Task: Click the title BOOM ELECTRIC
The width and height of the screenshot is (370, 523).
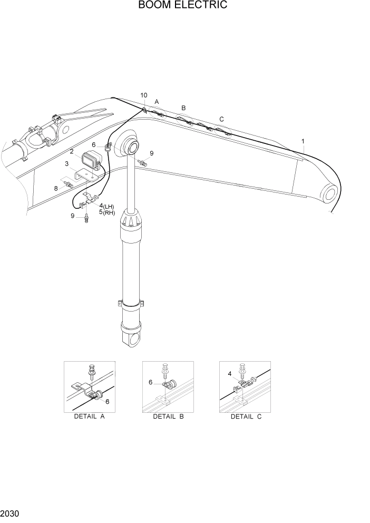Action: [183, 6]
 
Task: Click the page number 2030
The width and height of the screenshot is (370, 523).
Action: [11, 513]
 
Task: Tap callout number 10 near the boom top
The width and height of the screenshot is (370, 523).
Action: [144, 95]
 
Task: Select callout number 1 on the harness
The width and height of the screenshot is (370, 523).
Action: [303, 141]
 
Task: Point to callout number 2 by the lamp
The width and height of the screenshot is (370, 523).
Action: [71, 152]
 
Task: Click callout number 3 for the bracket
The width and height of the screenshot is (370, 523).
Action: [67, 164]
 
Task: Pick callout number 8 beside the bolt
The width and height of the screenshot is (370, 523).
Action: [55, 187]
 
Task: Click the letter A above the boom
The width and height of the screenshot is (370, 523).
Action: [157, 101]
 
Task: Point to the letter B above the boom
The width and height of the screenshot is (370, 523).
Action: [183, 108]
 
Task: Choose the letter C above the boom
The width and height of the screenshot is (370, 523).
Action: [221, 119]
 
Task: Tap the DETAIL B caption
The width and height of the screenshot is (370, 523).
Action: [168, 417]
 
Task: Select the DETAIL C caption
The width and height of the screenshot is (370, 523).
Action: [246, 417]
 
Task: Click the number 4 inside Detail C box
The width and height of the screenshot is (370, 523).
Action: [230, 374]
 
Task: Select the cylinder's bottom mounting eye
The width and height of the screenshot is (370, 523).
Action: [133, 337]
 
